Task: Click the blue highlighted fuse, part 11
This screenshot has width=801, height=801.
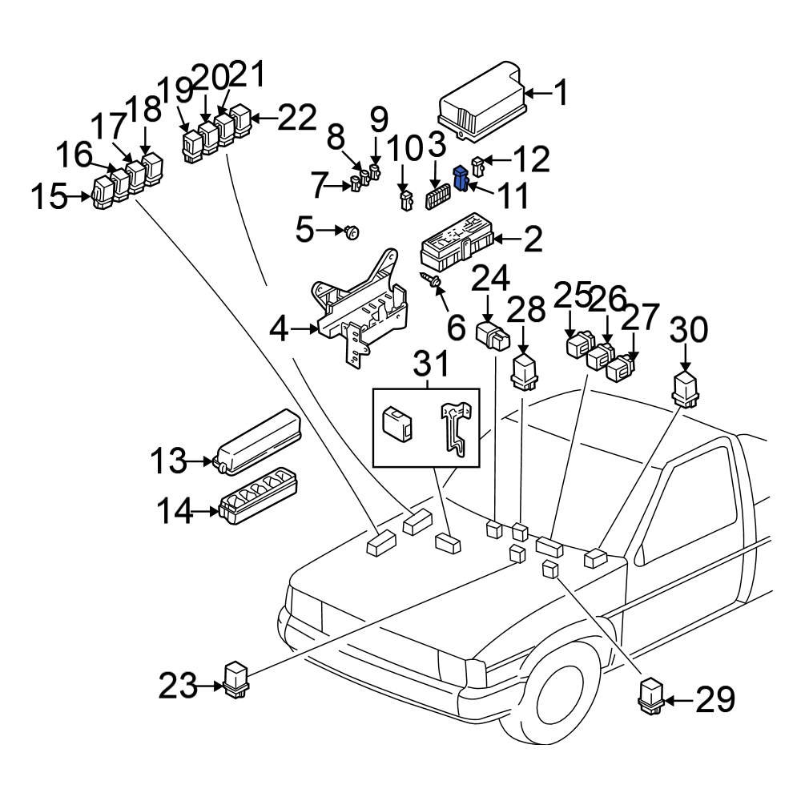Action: pyautogui.click(x=461, y=178)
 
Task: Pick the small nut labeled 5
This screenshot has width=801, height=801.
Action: pyautogui.click(x=351, y=232)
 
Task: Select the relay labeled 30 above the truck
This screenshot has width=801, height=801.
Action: pyautogui.click(x=686, y=388)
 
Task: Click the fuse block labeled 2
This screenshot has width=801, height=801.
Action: pyautogui.click(x=457, y=247)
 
